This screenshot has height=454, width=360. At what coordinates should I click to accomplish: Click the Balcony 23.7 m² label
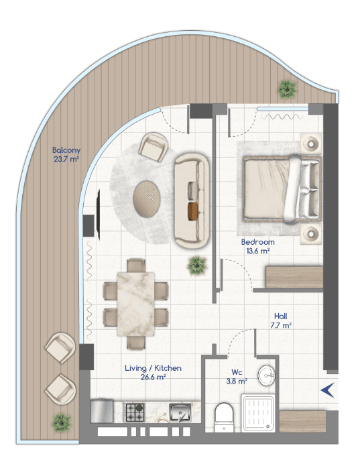(66, 154)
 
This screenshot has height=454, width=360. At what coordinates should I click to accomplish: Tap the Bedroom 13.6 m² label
(257, 246)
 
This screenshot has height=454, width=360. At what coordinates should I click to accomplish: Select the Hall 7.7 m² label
(281, 321)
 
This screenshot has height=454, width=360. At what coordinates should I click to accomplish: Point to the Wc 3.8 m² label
(237, 376)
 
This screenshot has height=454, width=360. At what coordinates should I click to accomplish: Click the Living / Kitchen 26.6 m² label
(153, 372)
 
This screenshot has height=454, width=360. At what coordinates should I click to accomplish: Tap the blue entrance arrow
(328, 390)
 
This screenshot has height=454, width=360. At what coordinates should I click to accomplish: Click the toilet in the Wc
(224, 418)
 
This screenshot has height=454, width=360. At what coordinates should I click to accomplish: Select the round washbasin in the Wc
(266, 376)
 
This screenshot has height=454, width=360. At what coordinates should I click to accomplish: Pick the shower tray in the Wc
(257, 413)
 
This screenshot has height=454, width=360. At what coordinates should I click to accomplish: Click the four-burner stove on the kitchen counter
(133, 412)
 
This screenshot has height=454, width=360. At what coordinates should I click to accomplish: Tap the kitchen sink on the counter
(180, 412)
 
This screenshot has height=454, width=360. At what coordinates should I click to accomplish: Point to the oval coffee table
(147, 199)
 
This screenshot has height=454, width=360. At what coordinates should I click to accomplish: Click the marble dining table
(135, 304)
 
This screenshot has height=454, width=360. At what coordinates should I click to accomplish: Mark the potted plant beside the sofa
(197, 265)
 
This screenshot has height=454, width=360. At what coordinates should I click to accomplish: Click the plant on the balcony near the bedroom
(287, 89)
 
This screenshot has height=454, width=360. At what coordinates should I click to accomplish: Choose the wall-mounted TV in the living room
(99, 215)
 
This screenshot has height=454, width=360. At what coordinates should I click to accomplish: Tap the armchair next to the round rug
(153, 147)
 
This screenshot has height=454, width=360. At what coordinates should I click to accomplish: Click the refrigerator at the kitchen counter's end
(102, 411)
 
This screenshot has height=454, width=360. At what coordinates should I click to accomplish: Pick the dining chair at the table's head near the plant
(136, 266)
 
